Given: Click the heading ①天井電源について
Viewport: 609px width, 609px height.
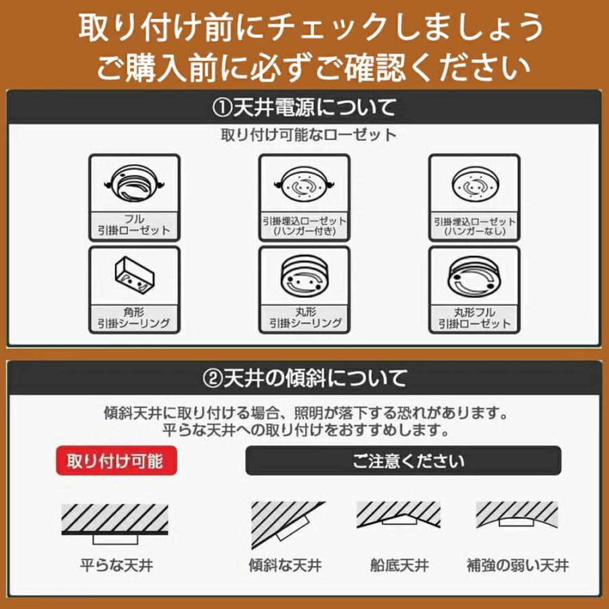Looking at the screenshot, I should coord(304,106).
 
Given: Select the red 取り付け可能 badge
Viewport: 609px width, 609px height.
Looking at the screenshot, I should coord(114,461).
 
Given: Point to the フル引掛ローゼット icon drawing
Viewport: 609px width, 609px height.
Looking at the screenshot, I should coord(134,184).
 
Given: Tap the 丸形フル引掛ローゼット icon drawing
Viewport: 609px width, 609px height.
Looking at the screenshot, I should coord(474,277).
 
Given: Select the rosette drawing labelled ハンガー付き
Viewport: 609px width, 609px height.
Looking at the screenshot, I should coord(304,185).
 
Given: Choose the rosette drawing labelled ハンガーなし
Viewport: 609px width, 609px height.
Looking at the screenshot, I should coord(474,184).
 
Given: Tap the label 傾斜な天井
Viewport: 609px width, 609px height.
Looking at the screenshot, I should coord(285,564).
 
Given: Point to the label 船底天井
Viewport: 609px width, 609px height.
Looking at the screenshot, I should coord(399,564).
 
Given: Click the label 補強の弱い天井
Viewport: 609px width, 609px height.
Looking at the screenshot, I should coord(518,564).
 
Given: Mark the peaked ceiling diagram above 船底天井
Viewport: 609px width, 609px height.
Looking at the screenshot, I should coord(399,517).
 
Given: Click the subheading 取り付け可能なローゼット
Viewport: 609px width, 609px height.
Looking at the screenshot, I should coord(304,135).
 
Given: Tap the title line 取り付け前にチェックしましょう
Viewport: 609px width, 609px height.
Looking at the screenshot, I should coord(304,28).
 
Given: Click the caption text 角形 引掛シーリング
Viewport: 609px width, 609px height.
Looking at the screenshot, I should coord(134,317).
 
